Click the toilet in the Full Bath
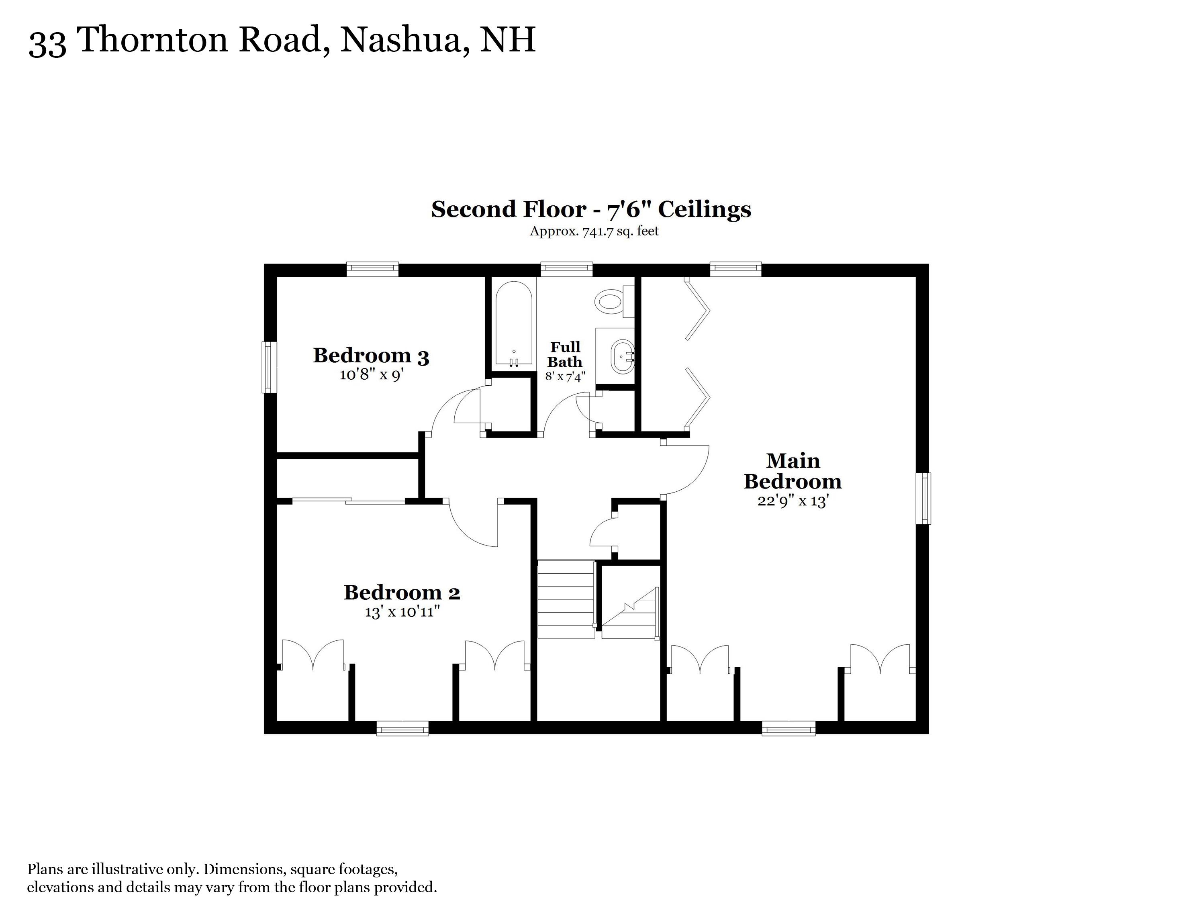611,301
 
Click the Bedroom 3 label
371,356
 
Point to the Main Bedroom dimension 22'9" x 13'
793,501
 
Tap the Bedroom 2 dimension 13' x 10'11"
402,612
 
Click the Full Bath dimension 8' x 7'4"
565,376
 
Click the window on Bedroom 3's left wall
268,367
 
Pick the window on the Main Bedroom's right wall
923,498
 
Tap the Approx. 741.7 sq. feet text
594,231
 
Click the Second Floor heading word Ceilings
704,210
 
